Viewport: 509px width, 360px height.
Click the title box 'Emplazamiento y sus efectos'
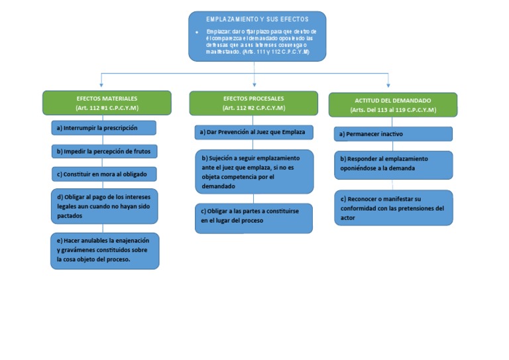257,36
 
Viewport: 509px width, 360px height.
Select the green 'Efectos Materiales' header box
107,103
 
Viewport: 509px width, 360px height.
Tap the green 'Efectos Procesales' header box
254,103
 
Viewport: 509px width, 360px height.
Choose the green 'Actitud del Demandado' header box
393,105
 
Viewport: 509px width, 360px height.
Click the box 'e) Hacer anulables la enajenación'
105,251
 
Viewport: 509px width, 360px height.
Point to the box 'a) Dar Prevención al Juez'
254,133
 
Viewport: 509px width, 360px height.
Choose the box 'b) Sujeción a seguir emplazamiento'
254,172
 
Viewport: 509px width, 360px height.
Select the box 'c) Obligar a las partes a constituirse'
254,217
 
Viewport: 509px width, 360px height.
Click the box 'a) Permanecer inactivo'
393,134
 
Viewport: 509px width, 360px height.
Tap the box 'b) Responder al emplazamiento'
393,164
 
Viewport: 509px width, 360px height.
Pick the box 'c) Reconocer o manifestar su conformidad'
393,208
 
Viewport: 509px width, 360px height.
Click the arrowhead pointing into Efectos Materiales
101,86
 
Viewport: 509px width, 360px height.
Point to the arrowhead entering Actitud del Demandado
388,85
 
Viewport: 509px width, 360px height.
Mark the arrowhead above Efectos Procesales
255,85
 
